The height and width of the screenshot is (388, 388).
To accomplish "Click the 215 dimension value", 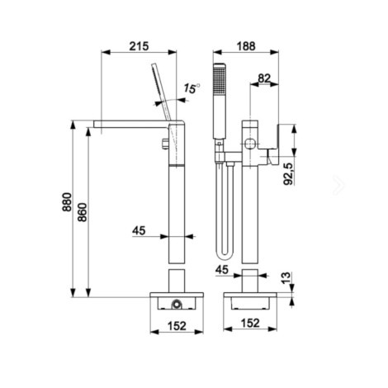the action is [139, 46].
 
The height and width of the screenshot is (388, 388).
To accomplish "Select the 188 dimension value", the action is [246, 46].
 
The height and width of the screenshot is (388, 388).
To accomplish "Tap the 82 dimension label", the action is [264, 78].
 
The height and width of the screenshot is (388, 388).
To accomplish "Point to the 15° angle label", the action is [192, 88].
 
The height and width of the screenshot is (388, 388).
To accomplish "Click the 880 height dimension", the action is [67, 202].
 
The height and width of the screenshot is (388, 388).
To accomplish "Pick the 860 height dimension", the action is [83, 212].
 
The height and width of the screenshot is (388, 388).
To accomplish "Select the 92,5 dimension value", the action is [288, 173].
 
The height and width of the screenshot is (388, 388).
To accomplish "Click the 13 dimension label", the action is [286, 278].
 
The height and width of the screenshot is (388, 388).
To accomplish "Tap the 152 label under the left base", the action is [177, 326].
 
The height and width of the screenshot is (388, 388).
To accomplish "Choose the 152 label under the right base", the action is [250, 323].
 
